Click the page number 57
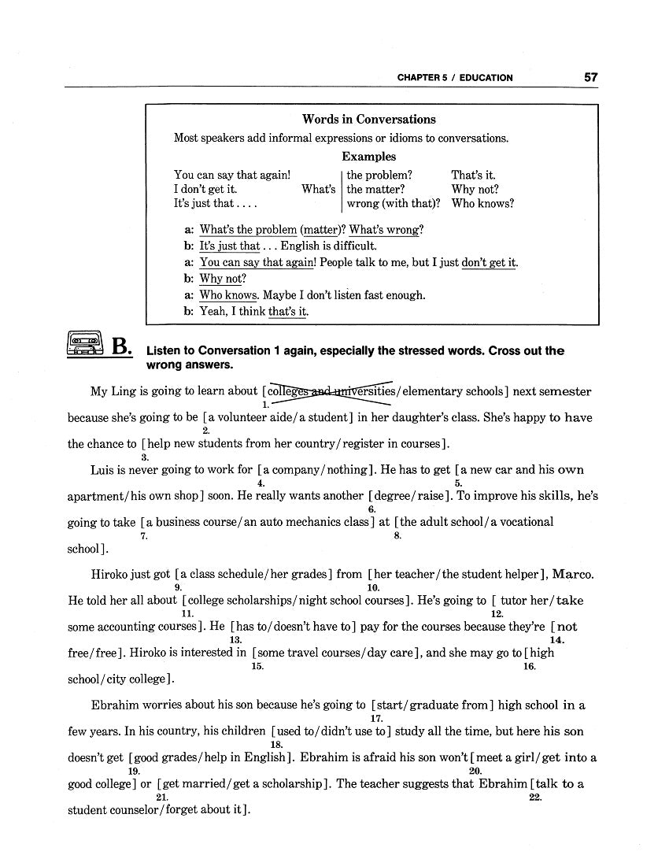click(x=590, y=77)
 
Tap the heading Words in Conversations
click(x=368, y=120)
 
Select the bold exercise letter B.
click(x=123, y=346)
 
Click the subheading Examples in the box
click(x=368, y=157)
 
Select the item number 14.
click(x=556, y=640)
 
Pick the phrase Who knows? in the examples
click(x=482, y=203)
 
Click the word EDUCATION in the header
click(x=486, y=78)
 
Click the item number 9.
click(x=178, y=587)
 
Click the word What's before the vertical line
click(x=318, y=189)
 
